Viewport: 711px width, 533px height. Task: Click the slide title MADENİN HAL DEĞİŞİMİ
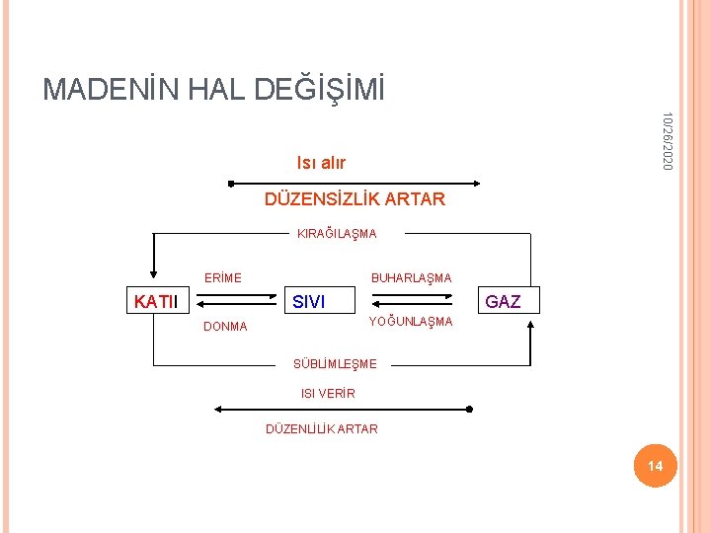coord(213,90)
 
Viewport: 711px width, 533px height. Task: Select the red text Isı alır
coord(321,162)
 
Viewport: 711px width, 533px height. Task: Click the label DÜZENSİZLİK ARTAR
coord(355,199)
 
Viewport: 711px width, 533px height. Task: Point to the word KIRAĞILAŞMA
coord(337,234)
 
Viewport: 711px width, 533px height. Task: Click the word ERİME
coord(222,278)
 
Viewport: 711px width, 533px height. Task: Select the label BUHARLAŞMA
coord(411,278)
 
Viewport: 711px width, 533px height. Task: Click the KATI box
coord(156,301)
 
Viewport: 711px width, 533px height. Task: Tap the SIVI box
coord(309,301)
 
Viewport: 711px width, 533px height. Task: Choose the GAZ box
coord(504,301)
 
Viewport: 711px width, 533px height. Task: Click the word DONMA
coord(225,327)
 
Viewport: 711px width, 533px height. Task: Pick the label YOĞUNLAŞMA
coord(410,322)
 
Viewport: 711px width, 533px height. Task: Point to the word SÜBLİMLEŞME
coord(335,364)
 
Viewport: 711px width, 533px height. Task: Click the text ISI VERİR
coord(328,394)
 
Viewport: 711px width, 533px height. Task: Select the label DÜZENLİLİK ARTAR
coord(322,428)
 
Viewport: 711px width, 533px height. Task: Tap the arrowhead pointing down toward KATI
coord(153,275)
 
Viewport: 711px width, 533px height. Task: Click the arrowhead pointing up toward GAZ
coord(531,325)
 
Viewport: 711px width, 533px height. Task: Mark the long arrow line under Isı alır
coord(355,183)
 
